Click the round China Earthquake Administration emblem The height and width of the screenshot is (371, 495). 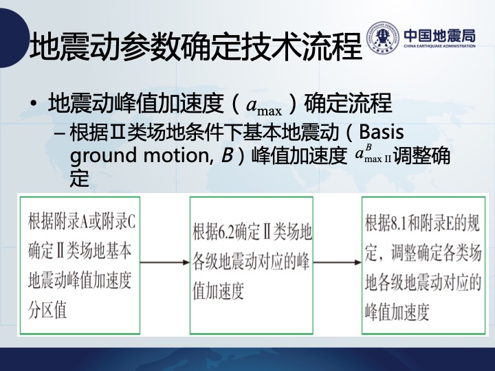tap(383, 37)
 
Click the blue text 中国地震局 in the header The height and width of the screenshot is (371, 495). tap(439, 36)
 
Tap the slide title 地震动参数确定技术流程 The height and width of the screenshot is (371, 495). tap(195, 47)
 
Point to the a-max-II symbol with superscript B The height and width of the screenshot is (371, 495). tap(373, 153)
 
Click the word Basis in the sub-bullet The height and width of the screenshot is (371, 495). tap(382, 132)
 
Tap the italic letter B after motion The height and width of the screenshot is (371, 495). tap(227, 155)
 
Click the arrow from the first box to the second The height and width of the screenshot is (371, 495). tap(165, 262)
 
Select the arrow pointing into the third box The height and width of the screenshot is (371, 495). tap(338, 262)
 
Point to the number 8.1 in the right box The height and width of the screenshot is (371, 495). tap(399, 223)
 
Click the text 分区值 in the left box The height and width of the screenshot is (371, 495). tap(47, 310)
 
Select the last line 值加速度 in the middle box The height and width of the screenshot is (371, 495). tap(219, 290)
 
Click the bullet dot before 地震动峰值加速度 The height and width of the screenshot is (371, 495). tap(34, 104)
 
